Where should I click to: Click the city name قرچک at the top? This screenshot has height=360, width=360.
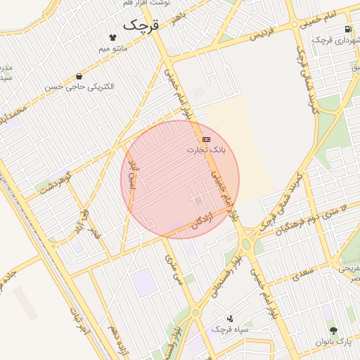(141, 25)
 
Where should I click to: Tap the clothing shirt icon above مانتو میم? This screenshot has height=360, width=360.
(112, 37)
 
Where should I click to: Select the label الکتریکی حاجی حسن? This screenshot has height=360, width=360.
(79, 87)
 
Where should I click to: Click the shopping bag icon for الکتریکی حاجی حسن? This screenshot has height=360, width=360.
(78, 76)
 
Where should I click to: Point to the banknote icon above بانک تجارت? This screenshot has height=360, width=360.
(206, 139)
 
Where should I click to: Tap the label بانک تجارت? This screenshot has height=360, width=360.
(207, 150)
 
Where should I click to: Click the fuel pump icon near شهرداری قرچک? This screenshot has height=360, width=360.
(348, 29)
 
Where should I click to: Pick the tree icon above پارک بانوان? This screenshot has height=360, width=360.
(333, 330)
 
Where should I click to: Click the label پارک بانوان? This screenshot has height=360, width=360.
(333, 341)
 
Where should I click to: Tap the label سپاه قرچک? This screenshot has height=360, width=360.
(229, 329)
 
